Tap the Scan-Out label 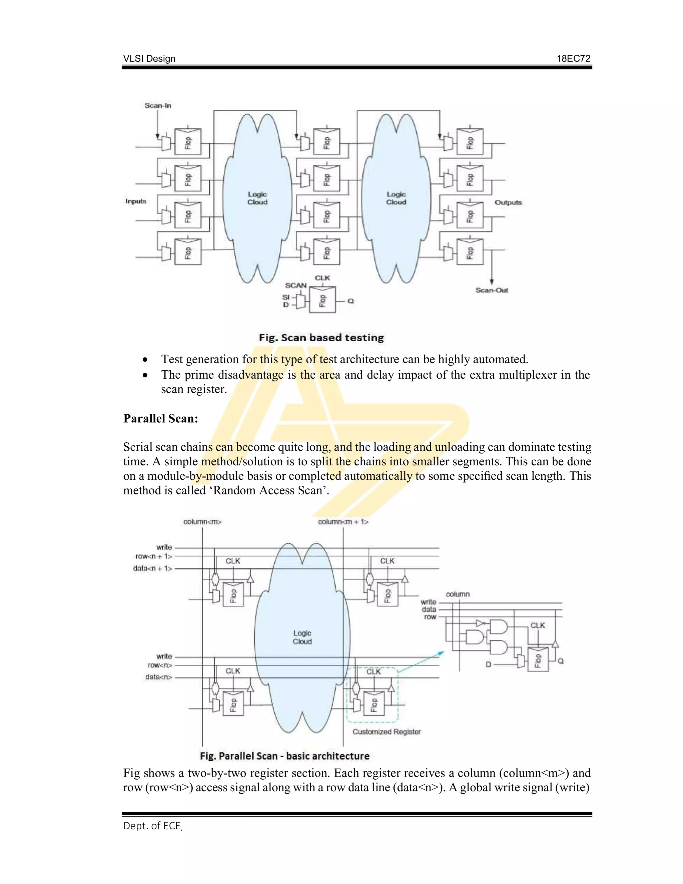[x=492, y=290]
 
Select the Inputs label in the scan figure [x=135, y=201]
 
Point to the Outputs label [x=508, y=202]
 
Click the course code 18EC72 [x=573, y=59]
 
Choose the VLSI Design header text [x=149, y=59]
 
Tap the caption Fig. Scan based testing [x=321, y=338]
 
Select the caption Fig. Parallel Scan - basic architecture [x=284, y=756]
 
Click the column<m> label [x=202, y=522]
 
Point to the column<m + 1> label [x=343, y=522]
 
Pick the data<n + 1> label [x=152, y=569]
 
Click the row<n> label [x=160, y=665]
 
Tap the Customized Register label [x=387, y=732]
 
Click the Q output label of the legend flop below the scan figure [x=351, y=301]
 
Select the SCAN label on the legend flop [x=296, y=285]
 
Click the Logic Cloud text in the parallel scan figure [x=302, y=637]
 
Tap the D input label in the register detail [x=488, y=665]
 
